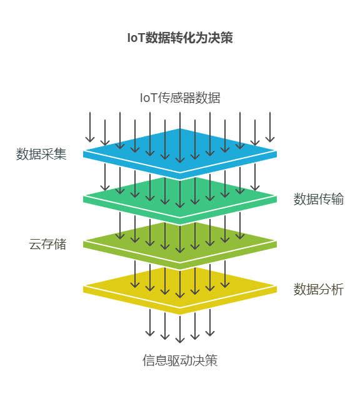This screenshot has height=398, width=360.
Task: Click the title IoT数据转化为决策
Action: click(x=180, y=38)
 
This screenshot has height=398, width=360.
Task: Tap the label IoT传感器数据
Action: click(x=180, y=98)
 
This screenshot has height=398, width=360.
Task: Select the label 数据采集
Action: click(x=41, y=154)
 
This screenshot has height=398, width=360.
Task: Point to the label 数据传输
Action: click(x=319, y=199)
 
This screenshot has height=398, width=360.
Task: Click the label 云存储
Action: click(x=47, y=244)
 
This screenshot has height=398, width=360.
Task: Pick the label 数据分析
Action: click(x=319, y=289)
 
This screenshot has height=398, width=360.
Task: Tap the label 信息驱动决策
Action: click(x=180, y=360)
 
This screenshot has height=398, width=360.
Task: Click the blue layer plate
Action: click(x=180, y=154)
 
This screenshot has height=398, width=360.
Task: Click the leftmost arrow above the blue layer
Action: click(x=90, y=127)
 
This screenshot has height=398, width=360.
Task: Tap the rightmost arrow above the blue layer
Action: click(x=270, y=127)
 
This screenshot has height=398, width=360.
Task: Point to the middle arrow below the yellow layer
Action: click(x=180, y=329)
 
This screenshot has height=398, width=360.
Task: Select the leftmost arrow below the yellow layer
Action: click(x=150, y=323)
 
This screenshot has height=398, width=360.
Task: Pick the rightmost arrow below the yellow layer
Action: click(x=210, y=323)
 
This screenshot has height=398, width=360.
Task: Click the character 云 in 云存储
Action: click(x=35, y=244)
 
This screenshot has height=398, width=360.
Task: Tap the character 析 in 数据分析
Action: click(x=337, y=289)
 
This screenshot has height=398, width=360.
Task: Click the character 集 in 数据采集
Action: click(x=61, y=154)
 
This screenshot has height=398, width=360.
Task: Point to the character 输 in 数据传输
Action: click(x=337, y=199)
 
